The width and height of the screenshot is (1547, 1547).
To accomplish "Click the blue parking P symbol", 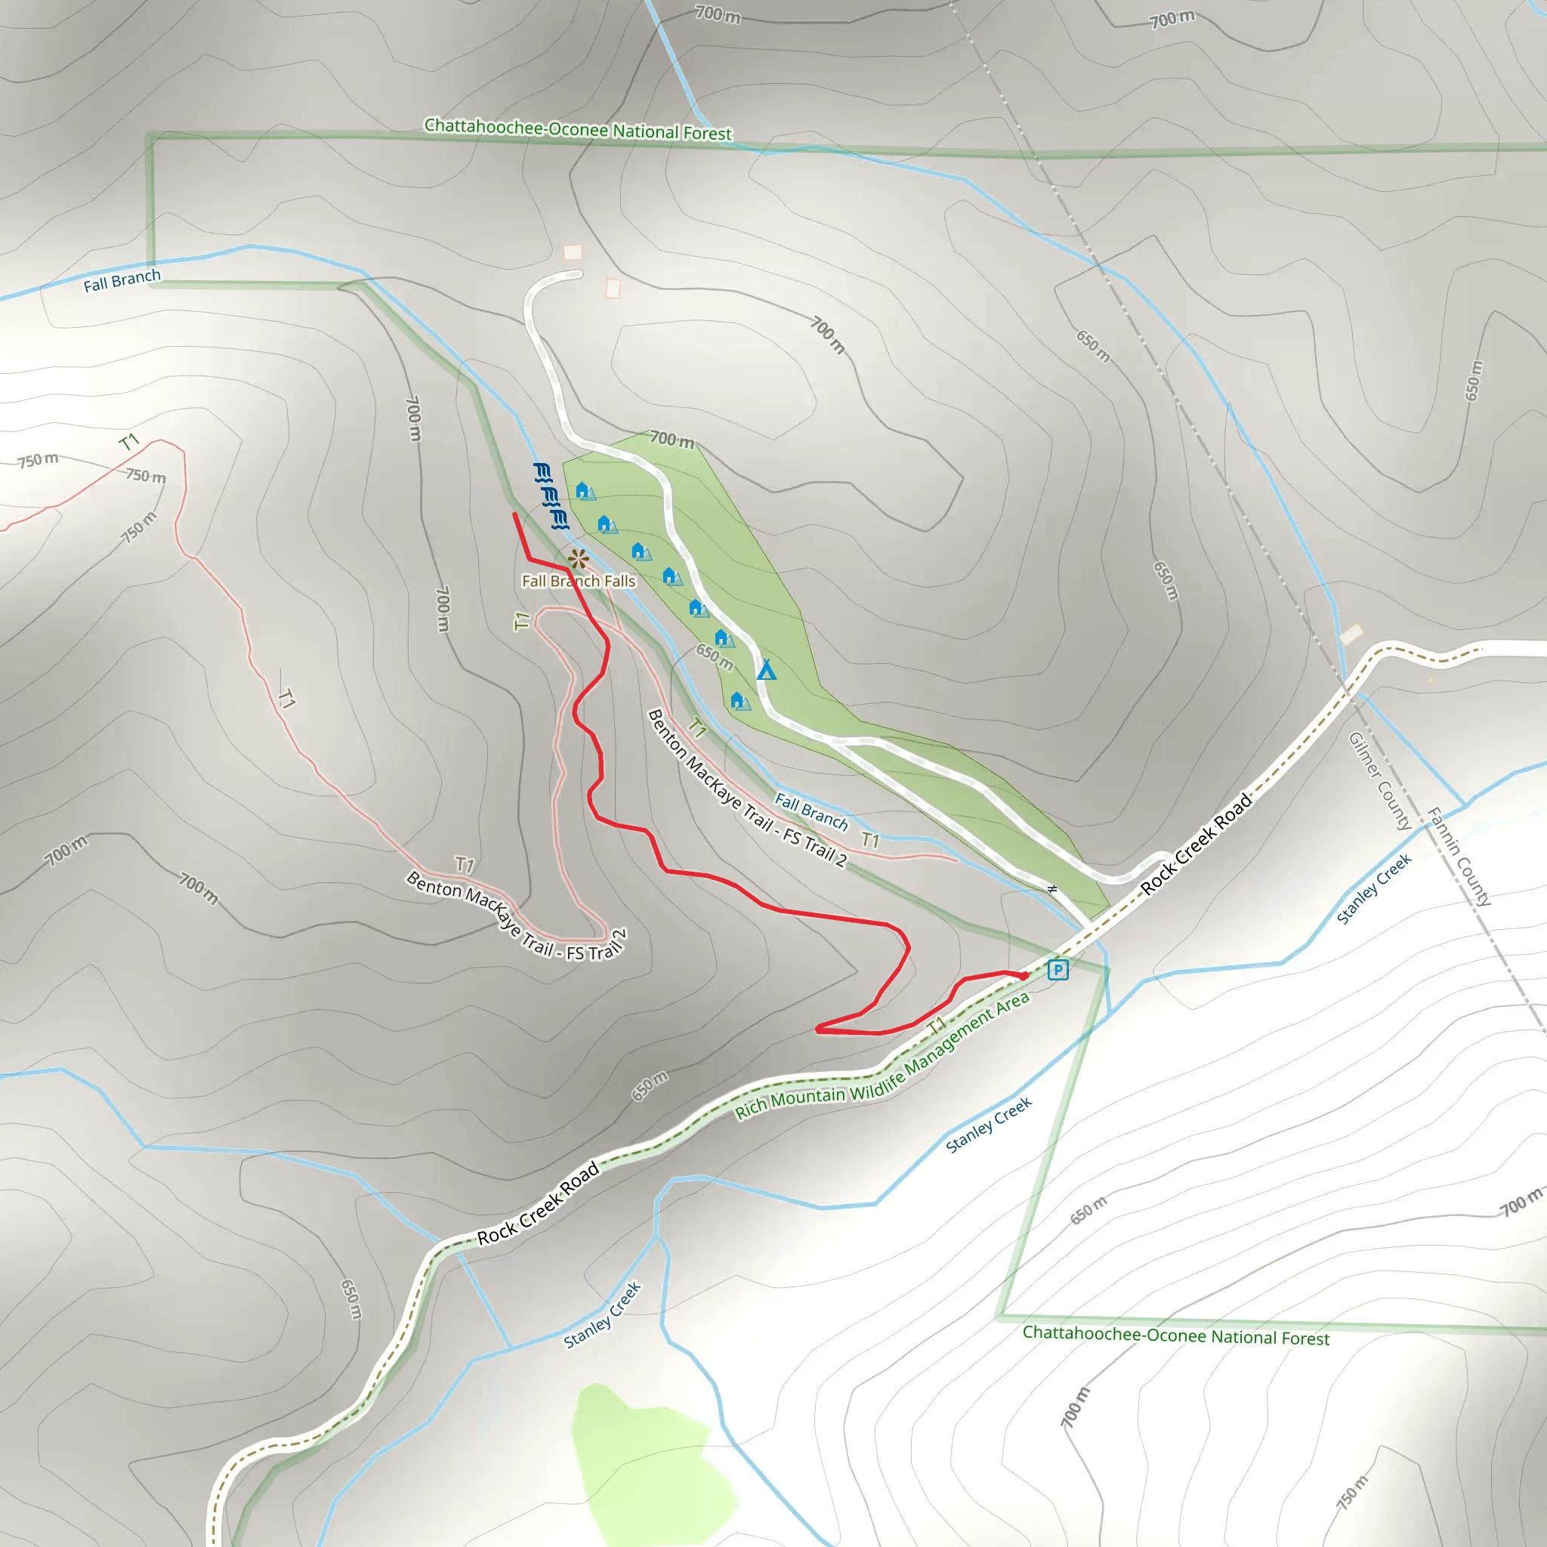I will click(x=1057, y=970).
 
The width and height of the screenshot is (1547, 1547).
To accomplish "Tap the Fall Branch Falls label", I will click(x=578, y=582).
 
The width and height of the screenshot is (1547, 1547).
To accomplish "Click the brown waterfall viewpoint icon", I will click(x=578, y=558).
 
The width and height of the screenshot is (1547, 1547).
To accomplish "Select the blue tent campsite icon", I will click(x=766, y=669).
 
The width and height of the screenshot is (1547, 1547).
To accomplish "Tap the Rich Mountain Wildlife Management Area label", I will click(x=882, y=1057).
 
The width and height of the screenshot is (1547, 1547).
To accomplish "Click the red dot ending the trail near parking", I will click(x=1024, y=975).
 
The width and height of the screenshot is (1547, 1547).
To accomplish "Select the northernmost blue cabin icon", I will click(x=584, y=491).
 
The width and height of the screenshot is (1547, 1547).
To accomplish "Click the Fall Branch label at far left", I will click(x=122, y=280).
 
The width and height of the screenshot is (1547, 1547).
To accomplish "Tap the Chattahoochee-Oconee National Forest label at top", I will click(x=577, y=130).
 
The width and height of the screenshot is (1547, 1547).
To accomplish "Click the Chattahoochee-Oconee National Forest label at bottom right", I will click(x=1175, y=1335).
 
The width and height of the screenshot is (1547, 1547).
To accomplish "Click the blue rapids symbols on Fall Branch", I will click(x=551, y=496).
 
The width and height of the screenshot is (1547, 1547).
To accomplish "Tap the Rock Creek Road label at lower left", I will click(x=538, y=1203).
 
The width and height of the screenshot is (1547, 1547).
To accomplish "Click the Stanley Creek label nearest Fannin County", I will click(x=1374, y=889).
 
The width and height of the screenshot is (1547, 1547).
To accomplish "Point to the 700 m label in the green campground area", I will click(x=671, y=439).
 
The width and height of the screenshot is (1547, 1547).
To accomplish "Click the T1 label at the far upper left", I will click(x=129, y=442).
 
